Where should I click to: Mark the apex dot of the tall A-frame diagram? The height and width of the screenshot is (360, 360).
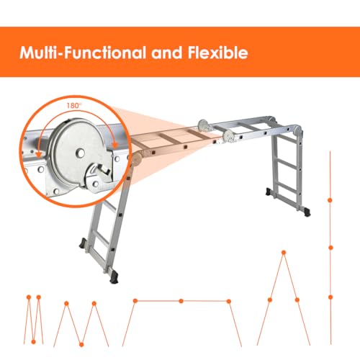pos(283,251)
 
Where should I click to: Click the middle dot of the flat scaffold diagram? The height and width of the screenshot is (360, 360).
pos(181,300)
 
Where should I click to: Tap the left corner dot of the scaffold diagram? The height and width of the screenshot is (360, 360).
pos(134,300)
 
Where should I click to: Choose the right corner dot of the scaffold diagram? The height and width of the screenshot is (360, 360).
pos(229,300)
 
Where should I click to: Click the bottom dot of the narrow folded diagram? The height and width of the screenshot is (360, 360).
pos(34,341)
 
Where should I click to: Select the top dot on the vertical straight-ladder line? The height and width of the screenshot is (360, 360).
pos(330,199)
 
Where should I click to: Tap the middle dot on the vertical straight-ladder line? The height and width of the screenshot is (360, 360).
pos(330,247)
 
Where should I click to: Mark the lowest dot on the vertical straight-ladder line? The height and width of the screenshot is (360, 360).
pos(330,297)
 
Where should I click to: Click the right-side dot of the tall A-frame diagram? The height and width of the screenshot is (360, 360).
pos(297,300)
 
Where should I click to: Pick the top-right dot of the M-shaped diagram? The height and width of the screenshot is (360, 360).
pos(94,303)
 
